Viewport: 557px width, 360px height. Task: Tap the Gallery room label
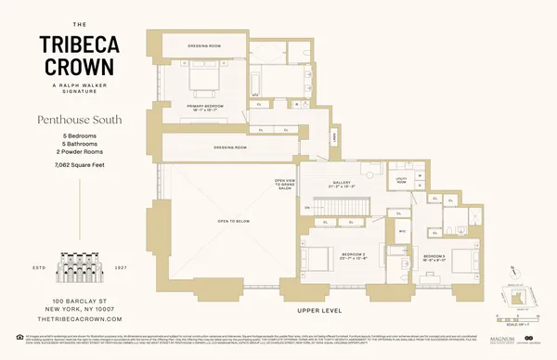click(x=342, y=185)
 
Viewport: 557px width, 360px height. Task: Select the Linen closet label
click(x=334, y=137)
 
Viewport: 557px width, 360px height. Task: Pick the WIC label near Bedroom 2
click(x=402, y=231)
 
